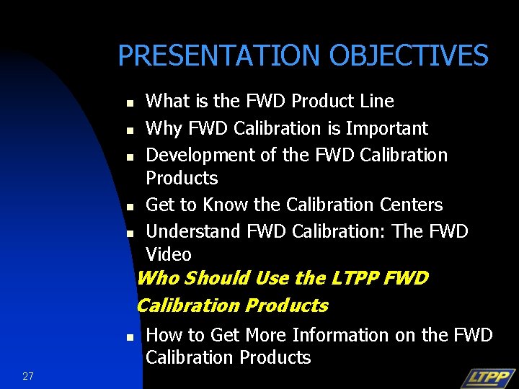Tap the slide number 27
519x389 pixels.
28,375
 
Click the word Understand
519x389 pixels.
192,231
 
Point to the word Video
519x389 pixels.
169,254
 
